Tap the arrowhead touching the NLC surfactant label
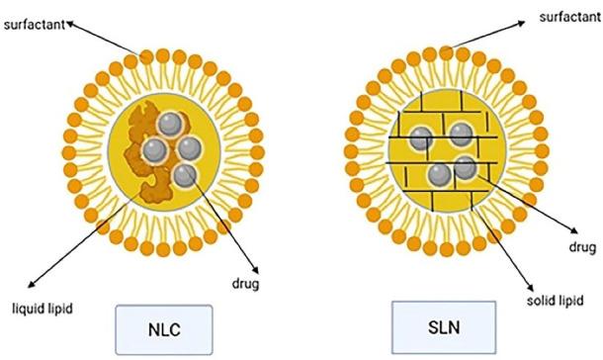pos(68,25)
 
